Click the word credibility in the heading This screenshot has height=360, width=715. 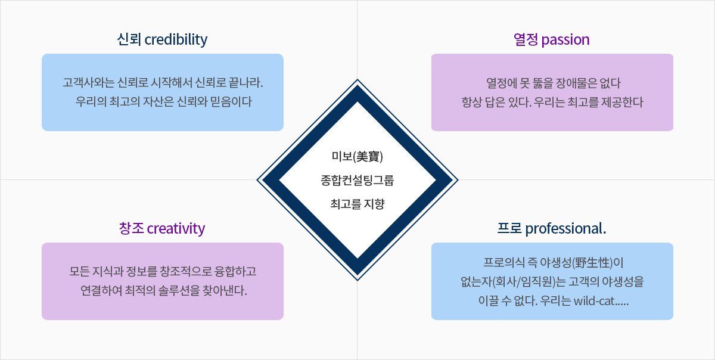pos(176,39)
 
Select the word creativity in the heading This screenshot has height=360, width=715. pos(176,229)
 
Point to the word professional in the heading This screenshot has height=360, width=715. pos(564,229)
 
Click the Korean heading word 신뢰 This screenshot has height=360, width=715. pos(129,39)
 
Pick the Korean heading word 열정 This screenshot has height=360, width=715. pos(526,39)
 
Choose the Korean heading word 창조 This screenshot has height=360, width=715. pos(131,229)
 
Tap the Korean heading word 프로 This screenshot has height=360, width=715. pos(509,229)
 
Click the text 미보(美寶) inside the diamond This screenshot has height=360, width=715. pos(357,157)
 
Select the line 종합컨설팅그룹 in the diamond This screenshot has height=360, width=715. pos(357,181)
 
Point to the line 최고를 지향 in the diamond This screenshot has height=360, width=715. pos(357,204)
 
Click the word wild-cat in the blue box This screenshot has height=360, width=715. pos(594,301)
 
